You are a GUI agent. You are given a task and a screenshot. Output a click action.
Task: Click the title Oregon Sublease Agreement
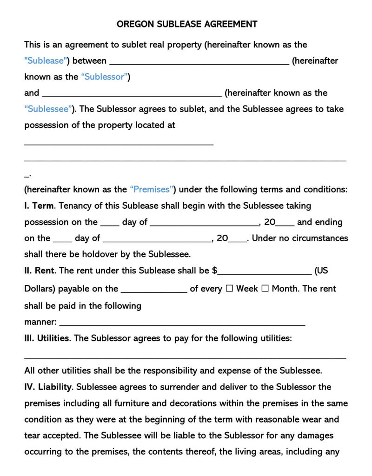(187, 24)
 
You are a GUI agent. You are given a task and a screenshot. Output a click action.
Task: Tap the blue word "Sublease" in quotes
(46, 60)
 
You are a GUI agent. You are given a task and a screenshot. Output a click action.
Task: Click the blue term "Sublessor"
(106, 77)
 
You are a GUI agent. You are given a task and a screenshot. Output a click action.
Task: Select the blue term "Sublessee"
(50, 109)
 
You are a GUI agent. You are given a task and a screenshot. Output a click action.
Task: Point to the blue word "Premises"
(153, 189)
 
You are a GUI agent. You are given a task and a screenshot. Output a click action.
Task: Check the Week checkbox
(229, 289)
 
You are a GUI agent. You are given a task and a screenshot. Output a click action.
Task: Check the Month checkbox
(265, 289)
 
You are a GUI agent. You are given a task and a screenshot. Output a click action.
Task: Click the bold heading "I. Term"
(40, 205)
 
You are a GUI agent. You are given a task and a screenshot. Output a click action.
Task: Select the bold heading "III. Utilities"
(46, 338)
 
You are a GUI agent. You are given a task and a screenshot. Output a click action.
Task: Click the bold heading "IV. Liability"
(48, 387)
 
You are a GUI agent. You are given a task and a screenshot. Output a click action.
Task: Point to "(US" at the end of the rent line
(322, 270)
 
